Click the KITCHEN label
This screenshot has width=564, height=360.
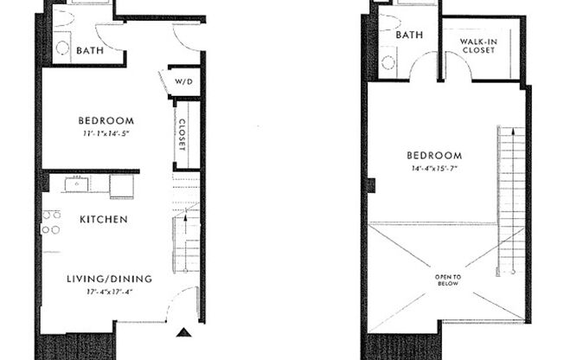coord(104,220)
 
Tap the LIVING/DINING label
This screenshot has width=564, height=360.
coord(109,280)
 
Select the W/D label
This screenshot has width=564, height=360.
coord(184,82)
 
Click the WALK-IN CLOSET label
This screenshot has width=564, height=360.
coord(477,46)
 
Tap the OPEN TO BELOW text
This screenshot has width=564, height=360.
coord(449,280)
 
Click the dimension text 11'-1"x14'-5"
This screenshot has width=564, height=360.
coord(107,134)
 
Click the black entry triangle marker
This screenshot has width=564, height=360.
coord(183,331)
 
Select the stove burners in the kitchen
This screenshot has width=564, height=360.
coord(51,222)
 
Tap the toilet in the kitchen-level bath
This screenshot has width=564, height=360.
coord(62,48)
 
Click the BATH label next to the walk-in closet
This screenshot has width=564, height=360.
coord(409,35)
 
